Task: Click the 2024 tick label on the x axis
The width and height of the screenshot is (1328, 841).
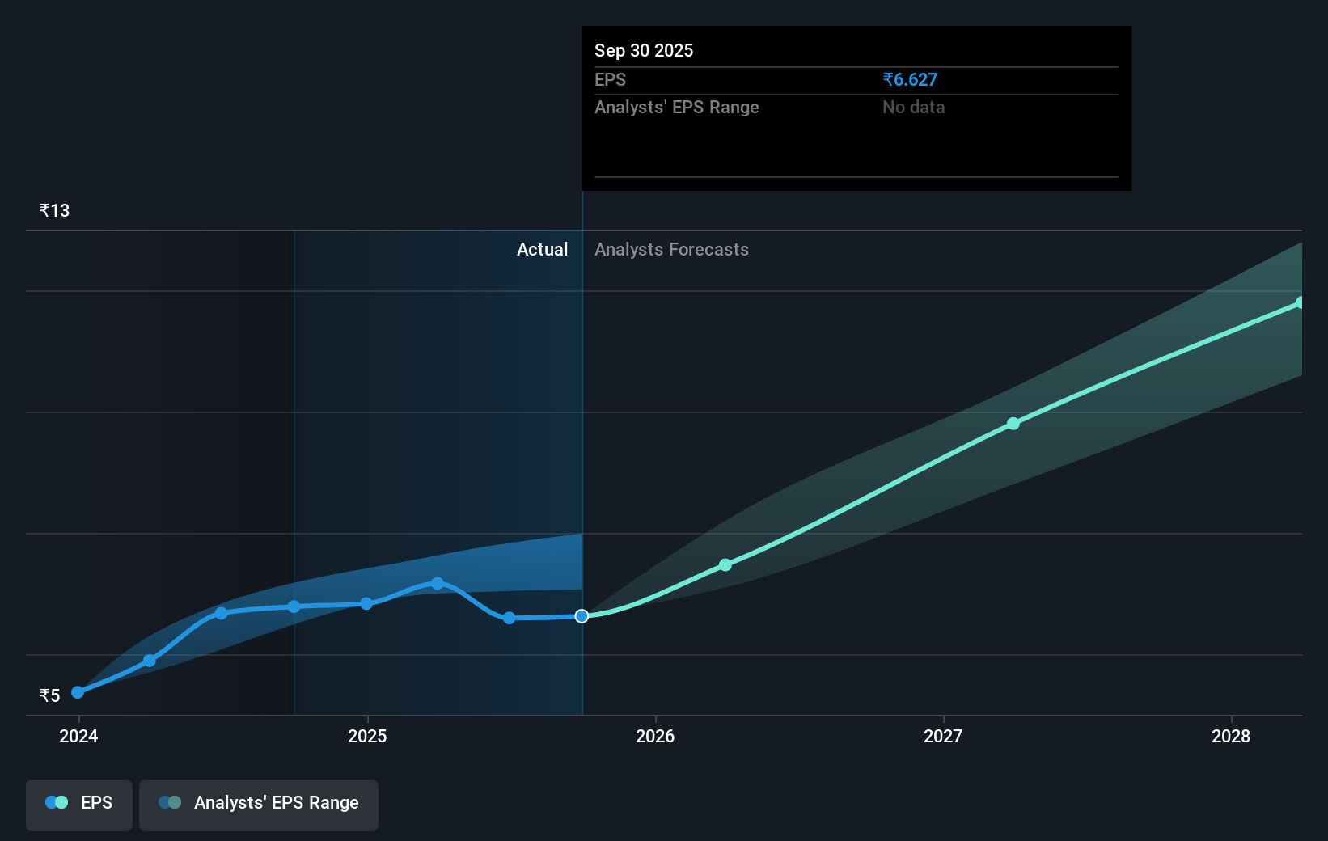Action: (x=78, y=736)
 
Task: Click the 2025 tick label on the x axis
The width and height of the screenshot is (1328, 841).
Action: (x=367, y=736)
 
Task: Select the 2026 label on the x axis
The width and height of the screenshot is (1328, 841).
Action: (x=655, y=736)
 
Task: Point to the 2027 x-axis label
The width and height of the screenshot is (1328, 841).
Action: (x=943, y=736)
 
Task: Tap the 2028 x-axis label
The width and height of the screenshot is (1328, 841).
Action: (x=1231, y=736)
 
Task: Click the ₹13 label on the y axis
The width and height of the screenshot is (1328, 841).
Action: (x=54, y=210)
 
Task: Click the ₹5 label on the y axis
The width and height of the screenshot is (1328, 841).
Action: (x=49, y=695)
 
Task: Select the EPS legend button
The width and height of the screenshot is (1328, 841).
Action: (x=79, y=803)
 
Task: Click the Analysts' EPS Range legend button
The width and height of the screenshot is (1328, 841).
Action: (x=259, y=803)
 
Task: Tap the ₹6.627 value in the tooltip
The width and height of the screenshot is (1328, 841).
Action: (x=910, y=79)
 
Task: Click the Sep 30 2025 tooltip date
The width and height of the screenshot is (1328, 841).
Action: (x=644, y=50)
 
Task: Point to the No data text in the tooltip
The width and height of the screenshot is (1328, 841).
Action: (x=913, y=107)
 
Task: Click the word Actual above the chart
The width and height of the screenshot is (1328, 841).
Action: (x=542, y=249)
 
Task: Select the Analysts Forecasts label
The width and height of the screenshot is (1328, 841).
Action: (x=671, y=249)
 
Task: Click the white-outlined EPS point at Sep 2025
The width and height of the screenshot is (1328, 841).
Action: (x=582, y=616)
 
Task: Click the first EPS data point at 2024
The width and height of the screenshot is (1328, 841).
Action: (x=78, y=692)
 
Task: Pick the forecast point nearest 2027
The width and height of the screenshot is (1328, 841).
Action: (x=1013, y=424)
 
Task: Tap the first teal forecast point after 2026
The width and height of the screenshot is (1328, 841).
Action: (x=725, y=564)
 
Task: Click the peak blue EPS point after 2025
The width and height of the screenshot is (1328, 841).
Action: (x=438, y=583)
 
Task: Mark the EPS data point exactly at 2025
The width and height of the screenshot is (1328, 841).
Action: (x=366, y=603)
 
